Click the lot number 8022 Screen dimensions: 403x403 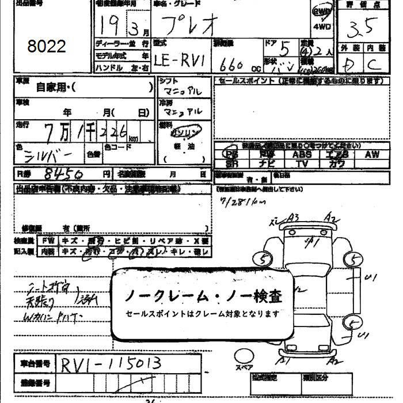(47, 46)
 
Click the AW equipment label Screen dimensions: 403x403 (371, 154)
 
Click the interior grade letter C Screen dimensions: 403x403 (374, 64)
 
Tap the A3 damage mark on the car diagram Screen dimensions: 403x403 (293, 217)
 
